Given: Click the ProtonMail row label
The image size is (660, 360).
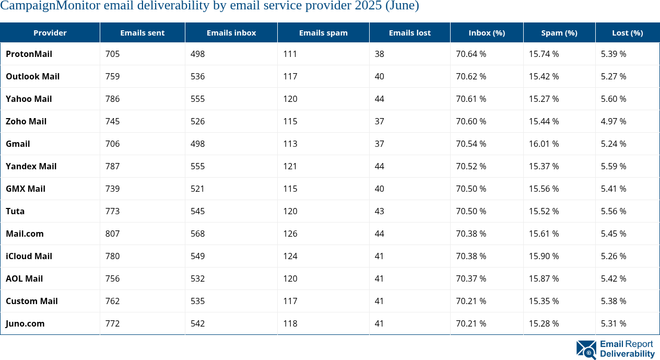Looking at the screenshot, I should click(x=29, y=54).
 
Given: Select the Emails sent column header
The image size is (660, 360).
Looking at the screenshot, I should click(x=142, y=32).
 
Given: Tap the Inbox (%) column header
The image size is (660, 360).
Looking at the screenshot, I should click(x=487, y=32).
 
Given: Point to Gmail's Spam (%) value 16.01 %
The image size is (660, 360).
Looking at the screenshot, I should click(x=544, y=144).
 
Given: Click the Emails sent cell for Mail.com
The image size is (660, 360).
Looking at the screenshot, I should click(x=112, y=234).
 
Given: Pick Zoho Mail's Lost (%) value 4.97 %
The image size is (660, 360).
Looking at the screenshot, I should click(x=614, y=121).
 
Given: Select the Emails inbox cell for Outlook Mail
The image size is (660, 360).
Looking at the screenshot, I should click(x=198, y=76).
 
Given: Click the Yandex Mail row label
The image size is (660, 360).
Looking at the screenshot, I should click(x=31, y=166).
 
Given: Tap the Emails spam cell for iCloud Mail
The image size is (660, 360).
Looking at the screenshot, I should click(x=290, y=256).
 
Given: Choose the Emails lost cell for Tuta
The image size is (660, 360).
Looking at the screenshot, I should click(x=380, y=211).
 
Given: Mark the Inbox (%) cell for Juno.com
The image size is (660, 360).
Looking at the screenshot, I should click(x=471, y=323).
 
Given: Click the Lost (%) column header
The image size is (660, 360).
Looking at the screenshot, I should click(x=627, y=32).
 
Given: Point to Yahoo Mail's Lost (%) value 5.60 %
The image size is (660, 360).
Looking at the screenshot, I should click(x=614, y=99).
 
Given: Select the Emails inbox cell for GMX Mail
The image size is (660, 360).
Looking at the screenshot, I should click(x=198, y=189).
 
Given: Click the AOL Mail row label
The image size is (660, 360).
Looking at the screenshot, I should click(x=24, y=278).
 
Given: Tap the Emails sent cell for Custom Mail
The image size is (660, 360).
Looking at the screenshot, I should click(x=112, y=301).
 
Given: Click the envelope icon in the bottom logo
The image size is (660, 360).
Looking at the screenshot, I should click(x=586, y=350).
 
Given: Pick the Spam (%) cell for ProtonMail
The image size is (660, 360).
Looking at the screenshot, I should click(x=544, y=54).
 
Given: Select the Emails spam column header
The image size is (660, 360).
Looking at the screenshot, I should click(x=323, y=32).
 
